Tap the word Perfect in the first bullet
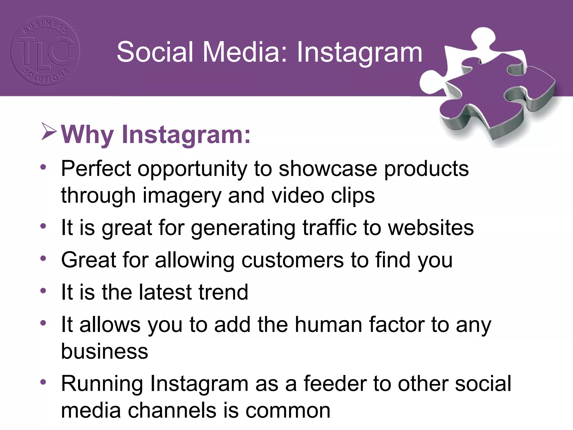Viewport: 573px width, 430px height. tap(96, 169)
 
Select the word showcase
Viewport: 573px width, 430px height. tap(328, 169)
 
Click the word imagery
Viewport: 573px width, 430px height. tap(182, 196)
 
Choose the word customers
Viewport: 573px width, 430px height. tap(292, 260)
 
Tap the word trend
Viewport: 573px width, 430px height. tap(223, 292)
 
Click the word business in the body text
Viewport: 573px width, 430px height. tap(104, 351)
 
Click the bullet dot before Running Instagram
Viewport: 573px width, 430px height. tap(43, 382)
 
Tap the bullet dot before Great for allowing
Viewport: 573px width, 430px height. tap(43, 258)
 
